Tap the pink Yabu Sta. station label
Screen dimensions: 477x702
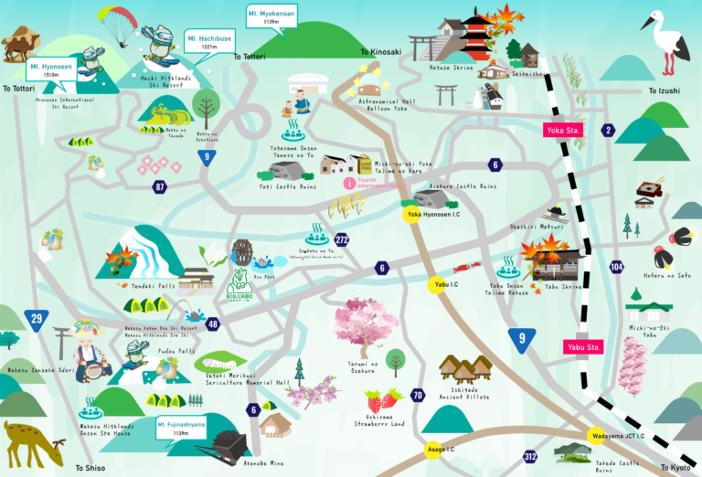tap(581, 346)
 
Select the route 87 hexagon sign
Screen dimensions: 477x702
tap(161, 187)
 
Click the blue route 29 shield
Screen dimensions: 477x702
tap(37, 319)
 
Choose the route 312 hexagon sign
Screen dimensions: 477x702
tap(530, 455)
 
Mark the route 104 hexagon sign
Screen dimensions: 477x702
tap(616, 266)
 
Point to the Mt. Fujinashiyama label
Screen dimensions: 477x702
tap(180, 427)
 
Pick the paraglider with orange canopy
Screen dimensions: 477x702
tap(120, 24)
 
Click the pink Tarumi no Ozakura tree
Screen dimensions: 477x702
tap(362, 324)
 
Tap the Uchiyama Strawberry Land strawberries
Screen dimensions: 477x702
tap(382, 398)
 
